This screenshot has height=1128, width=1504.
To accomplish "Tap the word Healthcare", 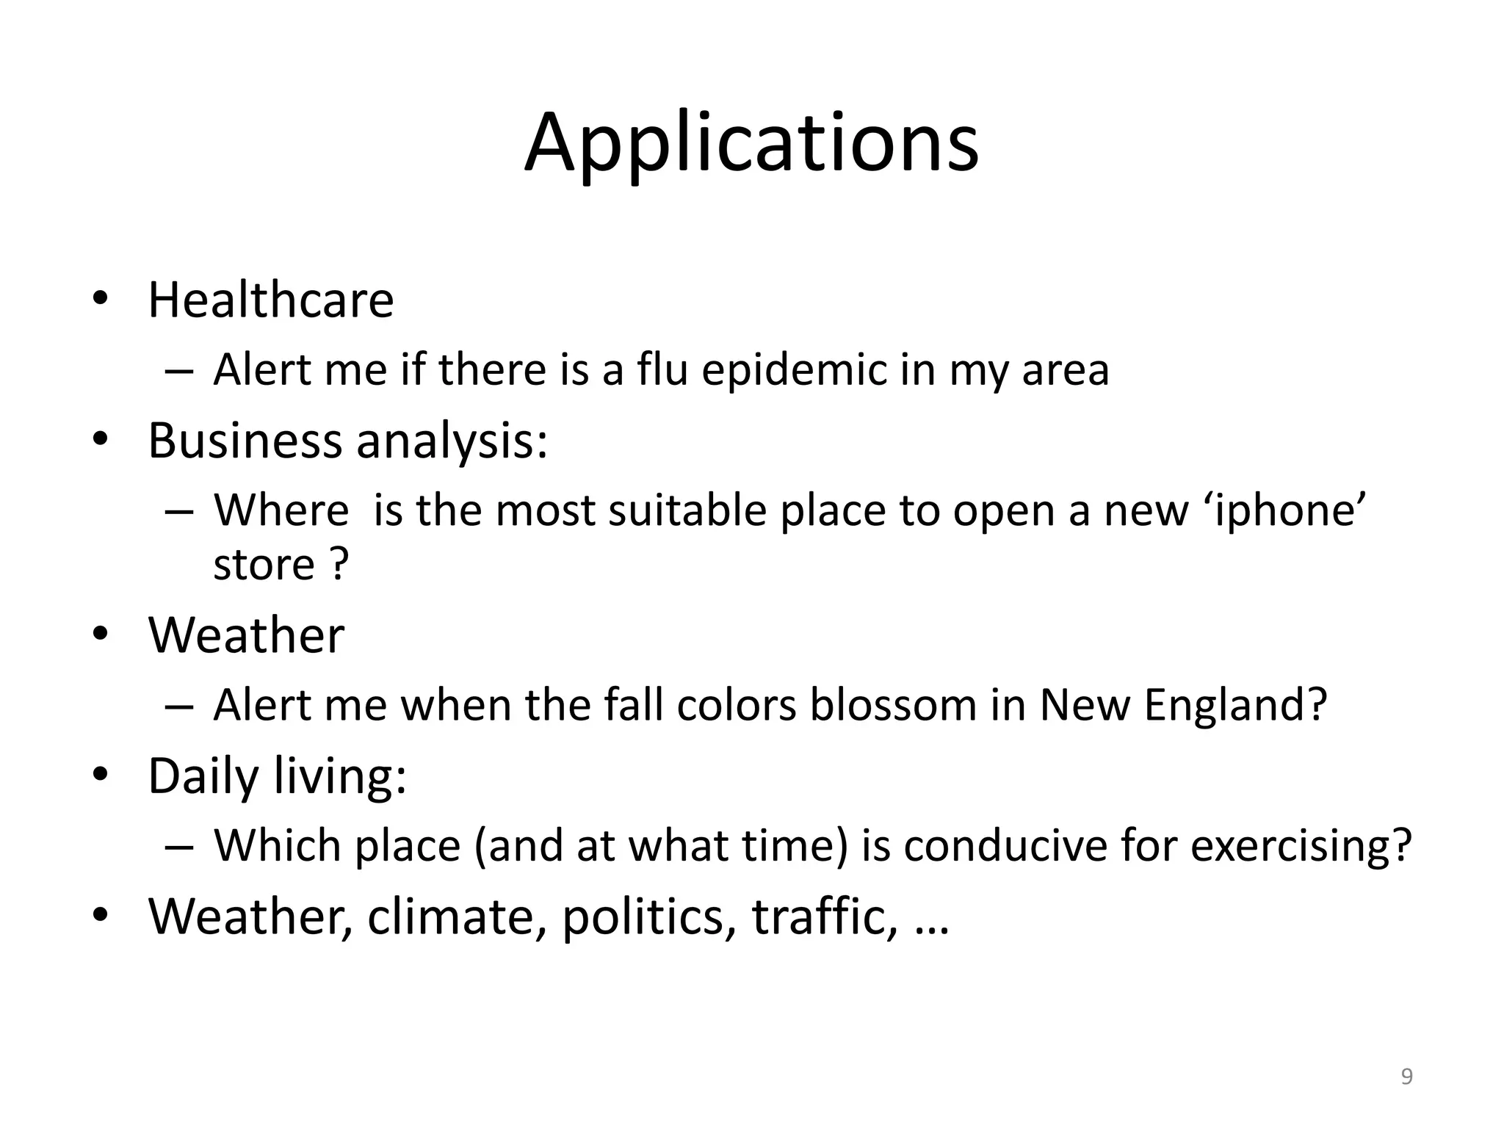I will coord(271,300).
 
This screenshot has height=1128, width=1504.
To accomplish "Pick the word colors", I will coord(737,704).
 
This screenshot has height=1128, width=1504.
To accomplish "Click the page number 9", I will coord(1406,1077).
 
